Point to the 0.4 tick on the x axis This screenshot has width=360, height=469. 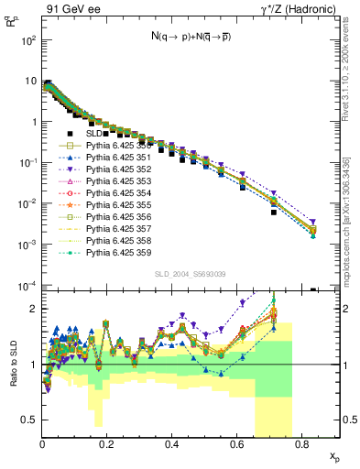click(171, 438)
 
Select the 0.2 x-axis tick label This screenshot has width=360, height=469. click(107, 446)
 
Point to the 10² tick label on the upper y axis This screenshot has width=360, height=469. click(27, 40)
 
